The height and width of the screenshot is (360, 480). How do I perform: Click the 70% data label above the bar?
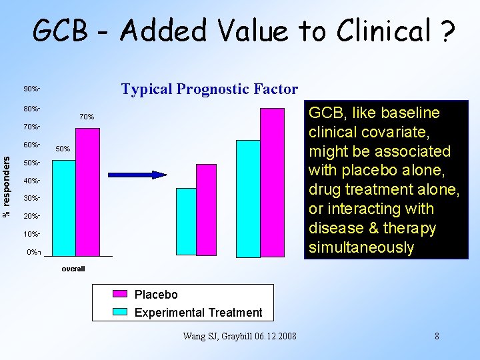coord(87,117)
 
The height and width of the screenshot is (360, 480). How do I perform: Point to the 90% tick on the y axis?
coord(32,89)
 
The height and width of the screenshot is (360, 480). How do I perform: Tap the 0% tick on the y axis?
coord(33,252)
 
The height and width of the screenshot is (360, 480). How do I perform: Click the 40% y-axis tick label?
coord(32,181)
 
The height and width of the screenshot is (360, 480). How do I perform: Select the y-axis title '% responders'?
coord(7,187)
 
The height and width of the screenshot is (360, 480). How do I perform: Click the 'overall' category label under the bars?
coord(73,269)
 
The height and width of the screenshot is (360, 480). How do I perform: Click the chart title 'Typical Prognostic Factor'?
coord(209,89)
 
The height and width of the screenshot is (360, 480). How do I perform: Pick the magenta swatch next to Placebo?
coord(120,294)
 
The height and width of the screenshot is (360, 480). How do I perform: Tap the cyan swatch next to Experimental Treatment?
coord(120,311)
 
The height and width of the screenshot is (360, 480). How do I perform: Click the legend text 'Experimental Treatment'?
coord(198,312)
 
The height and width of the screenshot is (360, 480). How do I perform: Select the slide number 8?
coord(437,336)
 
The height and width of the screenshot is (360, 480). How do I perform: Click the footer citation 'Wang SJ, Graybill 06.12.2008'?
coord(239,336)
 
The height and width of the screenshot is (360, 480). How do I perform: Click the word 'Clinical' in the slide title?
coord(383,30)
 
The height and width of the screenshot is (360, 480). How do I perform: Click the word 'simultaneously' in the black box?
coord(361,247)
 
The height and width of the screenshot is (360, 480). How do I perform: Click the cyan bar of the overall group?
coord(64,208)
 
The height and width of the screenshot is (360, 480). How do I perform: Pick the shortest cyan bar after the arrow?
coord(186,222)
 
